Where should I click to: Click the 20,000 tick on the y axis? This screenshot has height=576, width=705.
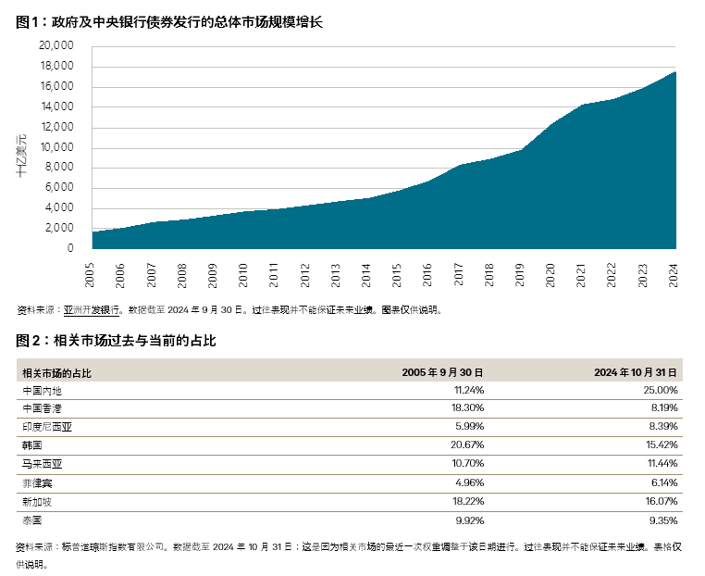click(x=57, y=46)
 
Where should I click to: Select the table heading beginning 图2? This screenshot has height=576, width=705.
click(x=116, y=340)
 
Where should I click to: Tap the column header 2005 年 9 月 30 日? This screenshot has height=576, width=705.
click(x=442, y=372)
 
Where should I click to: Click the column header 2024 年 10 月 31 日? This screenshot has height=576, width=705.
click(x=637, y=372)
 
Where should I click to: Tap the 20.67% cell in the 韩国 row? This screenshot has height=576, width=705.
click(x=467, y=445)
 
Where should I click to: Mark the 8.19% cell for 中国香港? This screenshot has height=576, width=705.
click(x=665, y=407)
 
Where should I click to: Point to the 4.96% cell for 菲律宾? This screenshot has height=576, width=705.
click(x=469, y=482)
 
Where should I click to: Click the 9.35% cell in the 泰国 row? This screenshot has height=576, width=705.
click(x=665, y=519)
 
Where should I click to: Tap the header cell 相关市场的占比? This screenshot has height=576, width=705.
click(x=56, y=372)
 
